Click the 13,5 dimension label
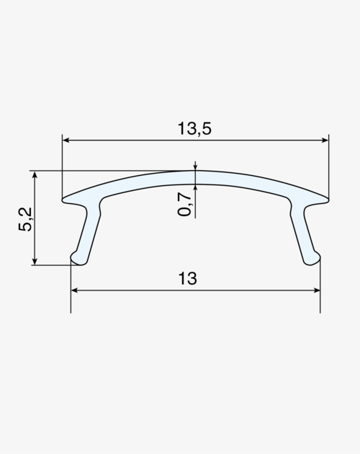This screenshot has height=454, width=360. (194, 128)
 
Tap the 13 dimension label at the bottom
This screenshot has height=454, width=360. (187, 278)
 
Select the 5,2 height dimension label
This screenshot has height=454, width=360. (25, 219)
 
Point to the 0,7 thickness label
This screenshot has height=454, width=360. (184, 205)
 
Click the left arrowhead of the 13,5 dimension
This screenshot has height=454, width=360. (66, 140)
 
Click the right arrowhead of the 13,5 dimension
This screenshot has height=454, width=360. (325, 140)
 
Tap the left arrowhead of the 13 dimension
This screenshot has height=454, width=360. (74, 290)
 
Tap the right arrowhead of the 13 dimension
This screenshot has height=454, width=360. (317, 290)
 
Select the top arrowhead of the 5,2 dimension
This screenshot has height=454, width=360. (35, 174)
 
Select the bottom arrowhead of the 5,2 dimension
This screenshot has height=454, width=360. (35, 261)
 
